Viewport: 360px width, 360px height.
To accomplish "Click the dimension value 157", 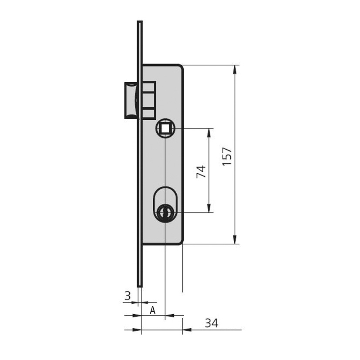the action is [227, 156].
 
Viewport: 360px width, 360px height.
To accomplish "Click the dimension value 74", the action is [201, 172].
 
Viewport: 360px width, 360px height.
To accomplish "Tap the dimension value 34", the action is [212, 323].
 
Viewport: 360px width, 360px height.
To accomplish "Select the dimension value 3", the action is [128, 296].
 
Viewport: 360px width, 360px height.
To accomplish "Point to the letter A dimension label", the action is [152, 310].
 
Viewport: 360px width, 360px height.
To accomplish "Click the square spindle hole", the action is [165, 128].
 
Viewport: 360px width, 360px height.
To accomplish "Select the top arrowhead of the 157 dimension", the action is [234, 70].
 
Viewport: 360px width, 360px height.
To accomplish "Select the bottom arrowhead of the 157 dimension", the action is [234, 239].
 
